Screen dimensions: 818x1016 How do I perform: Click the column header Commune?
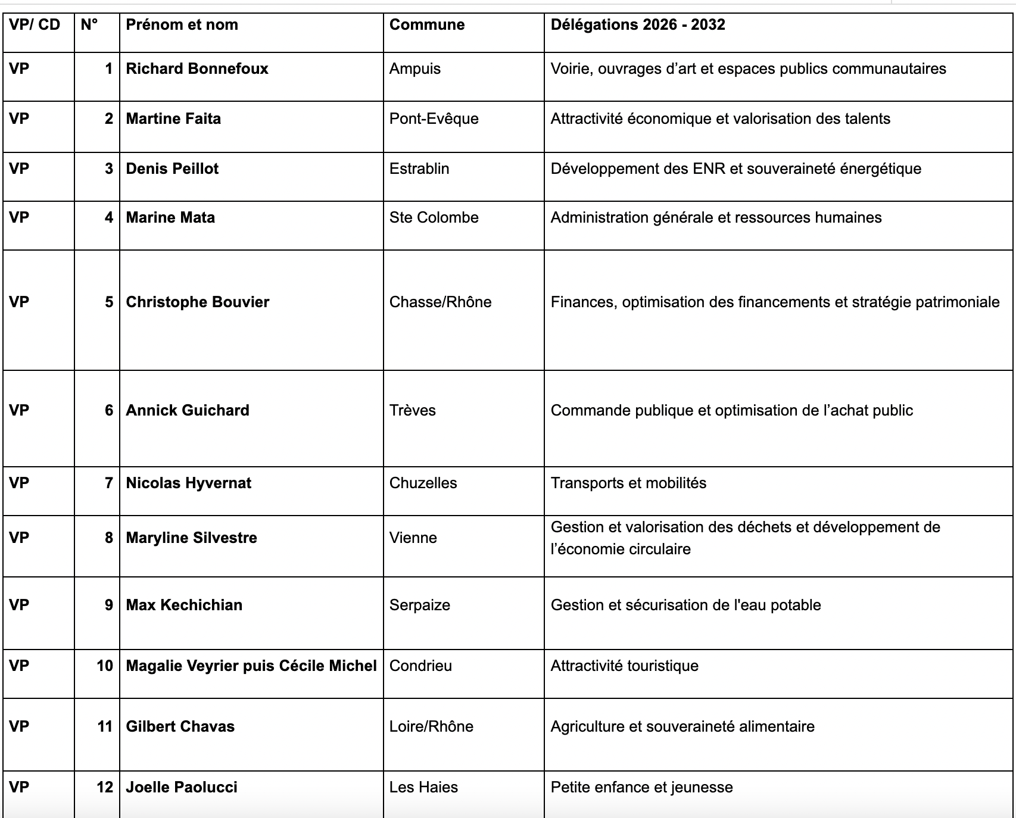pos(426,25)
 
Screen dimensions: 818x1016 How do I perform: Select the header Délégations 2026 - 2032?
pos(637,25)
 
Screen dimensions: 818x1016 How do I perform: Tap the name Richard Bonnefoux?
pos(197,69)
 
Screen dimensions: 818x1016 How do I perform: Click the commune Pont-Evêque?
pos(434,119)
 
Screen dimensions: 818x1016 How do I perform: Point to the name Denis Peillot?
pos(172,169)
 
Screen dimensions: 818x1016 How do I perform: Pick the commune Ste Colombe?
pos(434,218)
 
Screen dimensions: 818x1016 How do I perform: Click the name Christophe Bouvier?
pos(197,302)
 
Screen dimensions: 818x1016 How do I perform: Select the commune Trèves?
pos(412,411)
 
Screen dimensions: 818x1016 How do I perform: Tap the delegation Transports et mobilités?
pos(628,483)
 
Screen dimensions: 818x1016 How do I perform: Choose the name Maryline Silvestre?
pos(191,538)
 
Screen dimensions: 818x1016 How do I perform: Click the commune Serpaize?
pos(419,605)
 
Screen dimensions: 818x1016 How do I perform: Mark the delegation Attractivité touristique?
pos(624,666)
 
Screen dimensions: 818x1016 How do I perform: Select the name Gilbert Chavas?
pos(180,727)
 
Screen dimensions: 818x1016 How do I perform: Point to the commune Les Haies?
pos(423,788)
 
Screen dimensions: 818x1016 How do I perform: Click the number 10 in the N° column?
pos(105,666)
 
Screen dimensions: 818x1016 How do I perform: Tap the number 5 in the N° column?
pos(109,302)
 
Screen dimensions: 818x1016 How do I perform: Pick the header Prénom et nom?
pos(182,25)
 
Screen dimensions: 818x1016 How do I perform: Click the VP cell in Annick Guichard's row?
pos(19,411)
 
